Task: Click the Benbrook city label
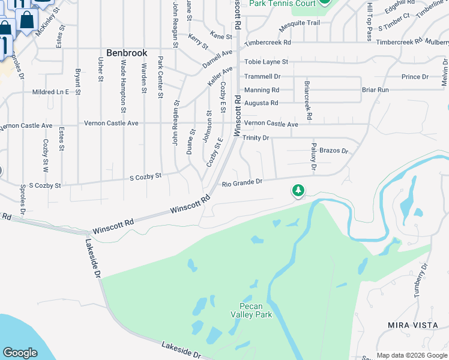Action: click(x=127, y=53)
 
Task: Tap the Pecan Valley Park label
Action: click(x=252, y=310)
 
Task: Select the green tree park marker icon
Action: click(x=298, y=191)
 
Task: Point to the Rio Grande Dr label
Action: click(x=243, y=182)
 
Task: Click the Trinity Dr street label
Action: click(x=256, y=138)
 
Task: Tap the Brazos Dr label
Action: click(x=334, y=151)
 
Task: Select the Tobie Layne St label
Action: click(x=266, y=62)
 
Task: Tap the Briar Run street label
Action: click(x=375, y=90)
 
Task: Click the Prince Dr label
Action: click(x=415, y=77)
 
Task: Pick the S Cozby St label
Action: click(x=146, y=176)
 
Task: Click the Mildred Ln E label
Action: click(x=50, y=92)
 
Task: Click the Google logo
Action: click(x=20, y=353)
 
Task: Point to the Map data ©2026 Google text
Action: click(x=411, y=355)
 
